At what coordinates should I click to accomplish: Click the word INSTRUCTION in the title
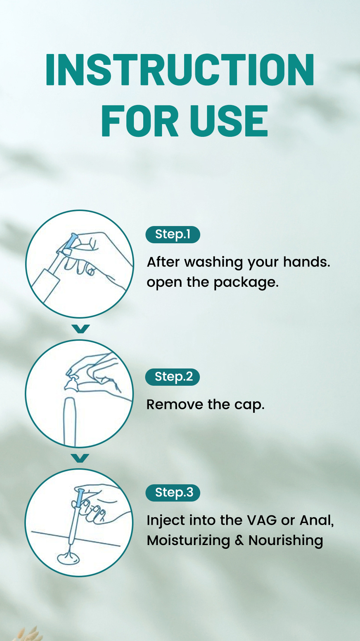180,70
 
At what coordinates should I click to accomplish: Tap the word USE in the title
229,121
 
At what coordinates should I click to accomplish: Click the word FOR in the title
140,121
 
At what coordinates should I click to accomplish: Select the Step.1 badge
172,234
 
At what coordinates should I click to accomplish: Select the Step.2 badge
172,377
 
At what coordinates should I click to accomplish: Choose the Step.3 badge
172,493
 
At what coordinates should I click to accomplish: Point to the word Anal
316,521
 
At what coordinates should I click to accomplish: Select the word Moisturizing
188,541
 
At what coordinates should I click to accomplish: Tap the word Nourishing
286,541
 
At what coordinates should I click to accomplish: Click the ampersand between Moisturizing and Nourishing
239,541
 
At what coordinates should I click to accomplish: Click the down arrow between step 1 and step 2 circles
81,328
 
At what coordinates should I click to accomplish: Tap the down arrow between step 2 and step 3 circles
80,458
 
